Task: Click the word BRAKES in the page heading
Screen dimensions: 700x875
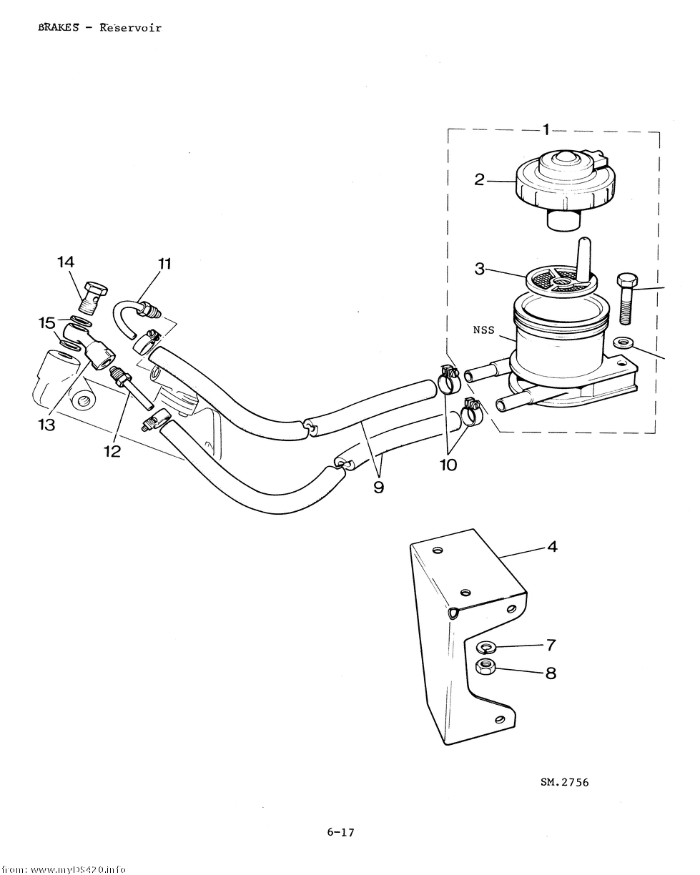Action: click(59, 28)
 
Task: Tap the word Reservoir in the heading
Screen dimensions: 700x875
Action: click(131, 28)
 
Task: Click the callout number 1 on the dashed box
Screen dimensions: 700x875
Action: click(547, 129)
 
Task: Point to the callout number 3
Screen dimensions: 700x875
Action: click(480, 269)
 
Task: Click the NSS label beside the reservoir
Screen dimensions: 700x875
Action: click(483, 330)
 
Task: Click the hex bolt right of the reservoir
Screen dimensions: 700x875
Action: click(627, 298)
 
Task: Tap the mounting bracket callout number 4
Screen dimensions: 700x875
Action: click(552, 547)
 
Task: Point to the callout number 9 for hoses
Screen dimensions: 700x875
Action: click(379, 487)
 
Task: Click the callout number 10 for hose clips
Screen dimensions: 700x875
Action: click(448, 465)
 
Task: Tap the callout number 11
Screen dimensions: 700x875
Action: click(164, 264)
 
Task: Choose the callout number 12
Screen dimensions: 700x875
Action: click(112, 451)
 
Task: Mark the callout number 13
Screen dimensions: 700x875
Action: click(46, 425)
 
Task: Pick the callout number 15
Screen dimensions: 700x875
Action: click(46, 323)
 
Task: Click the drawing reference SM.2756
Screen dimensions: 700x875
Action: click(565, 782)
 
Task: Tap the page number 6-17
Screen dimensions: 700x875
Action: click(341, 832)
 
